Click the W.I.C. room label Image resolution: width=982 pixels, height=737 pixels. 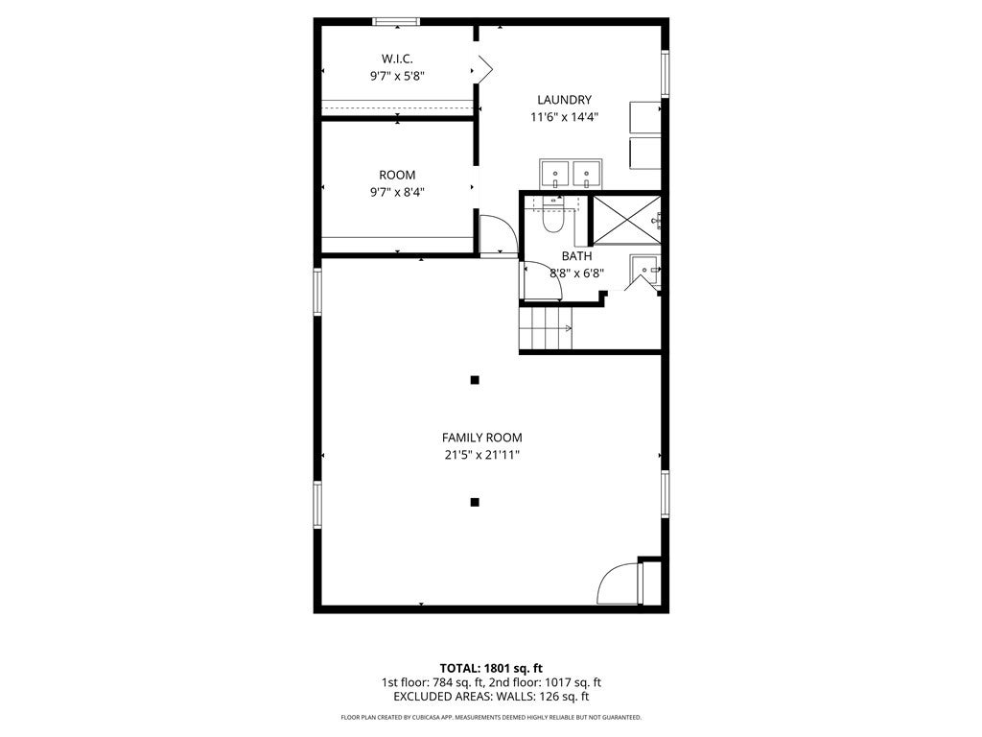(397, 59)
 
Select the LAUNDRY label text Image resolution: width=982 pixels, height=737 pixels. (564, 100)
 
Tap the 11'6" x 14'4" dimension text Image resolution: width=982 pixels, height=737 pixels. (564, 116)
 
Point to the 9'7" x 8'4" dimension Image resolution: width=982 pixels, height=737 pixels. (397, 192)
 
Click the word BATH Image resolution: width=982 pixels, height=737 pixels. (576, 255)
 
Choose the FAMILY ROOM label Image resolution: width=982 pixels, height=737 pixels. (482, 438)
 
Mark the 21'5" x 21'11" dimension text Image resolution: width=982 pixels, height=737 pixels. (482, 455)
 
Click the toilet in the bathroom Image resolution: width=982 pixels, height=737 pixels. (552, 215)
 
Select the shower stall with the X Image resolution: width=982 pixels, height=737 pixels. (626, 220)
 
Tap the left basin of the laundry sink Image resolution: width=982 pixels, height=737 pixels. (555, 174)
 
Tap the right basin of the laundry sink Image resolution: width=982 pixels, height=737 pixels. (587, 174)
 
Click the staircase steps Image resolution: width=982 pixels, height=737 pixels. (546, 328)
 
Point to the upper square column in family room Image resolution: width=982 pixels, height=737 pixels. (475, 380)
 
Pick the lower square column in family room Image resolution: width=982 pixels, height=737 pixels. (475, 502)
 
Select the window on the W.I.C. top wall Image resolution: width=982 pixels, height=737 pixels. (396, 22)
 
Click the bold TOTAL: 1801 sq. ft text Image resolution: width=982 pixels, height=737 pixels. (491, 668)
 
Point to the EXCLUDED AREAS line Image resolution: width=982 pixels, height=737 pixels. (491, 697)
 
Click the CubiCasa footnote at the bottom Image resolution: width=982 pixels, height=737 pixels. (491, 717)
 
